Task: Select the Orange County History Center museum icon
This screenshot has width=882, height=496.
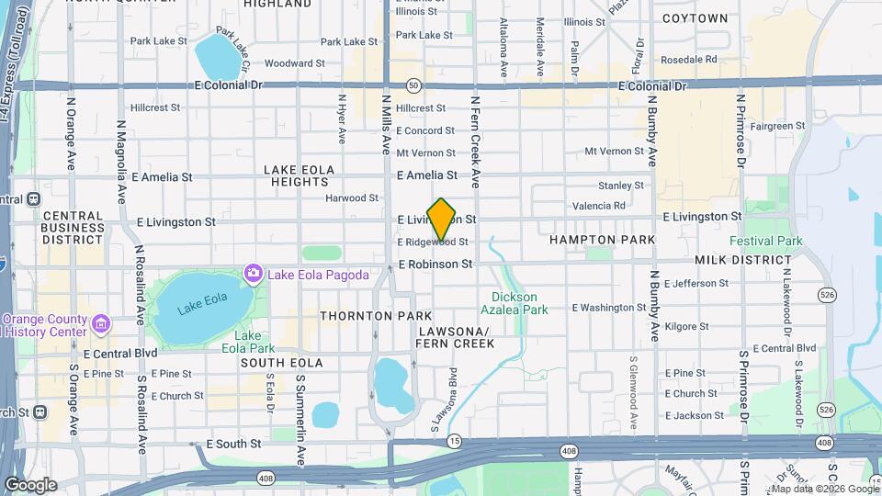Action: pyautogui.click(x=100, y=324)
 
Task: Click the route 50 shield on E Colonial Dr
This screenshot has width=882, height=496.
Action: pyautogui.click(x=415, y=85)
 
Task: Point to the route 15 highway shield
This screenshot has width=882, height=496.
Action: pyautogui.click(x=454, y=443)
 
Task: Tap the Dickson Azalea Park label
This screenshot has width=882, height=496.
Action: pyautogui.click(x=520, y=304)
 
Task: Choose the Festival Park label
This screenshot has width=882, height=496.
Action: pyautogui.click(x=765, y=242)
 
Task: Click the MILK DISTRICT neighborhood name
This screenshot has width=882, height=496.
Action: pyautogui.click(x=737, y=262)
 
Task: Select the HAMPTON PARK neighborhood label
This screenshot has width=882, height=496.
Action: pyautogui.click(x=602, y=240)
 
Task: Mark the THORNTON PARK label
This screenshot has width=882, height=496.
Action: pyautogui.click(x=362, y=316)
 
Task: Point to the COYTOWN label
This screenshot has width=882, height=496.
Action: pyautogui.click(x=695, y=18)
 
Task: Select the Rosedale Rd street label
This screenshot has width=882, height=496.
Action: pyautogui.click(x=688, y=60)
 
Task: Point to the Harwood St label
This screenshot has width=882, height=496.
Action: pyautogui.click(x=352, y=197)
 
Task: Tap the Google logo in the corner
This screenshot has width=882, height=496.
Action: pyautogui.click(x=30, y=485)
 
